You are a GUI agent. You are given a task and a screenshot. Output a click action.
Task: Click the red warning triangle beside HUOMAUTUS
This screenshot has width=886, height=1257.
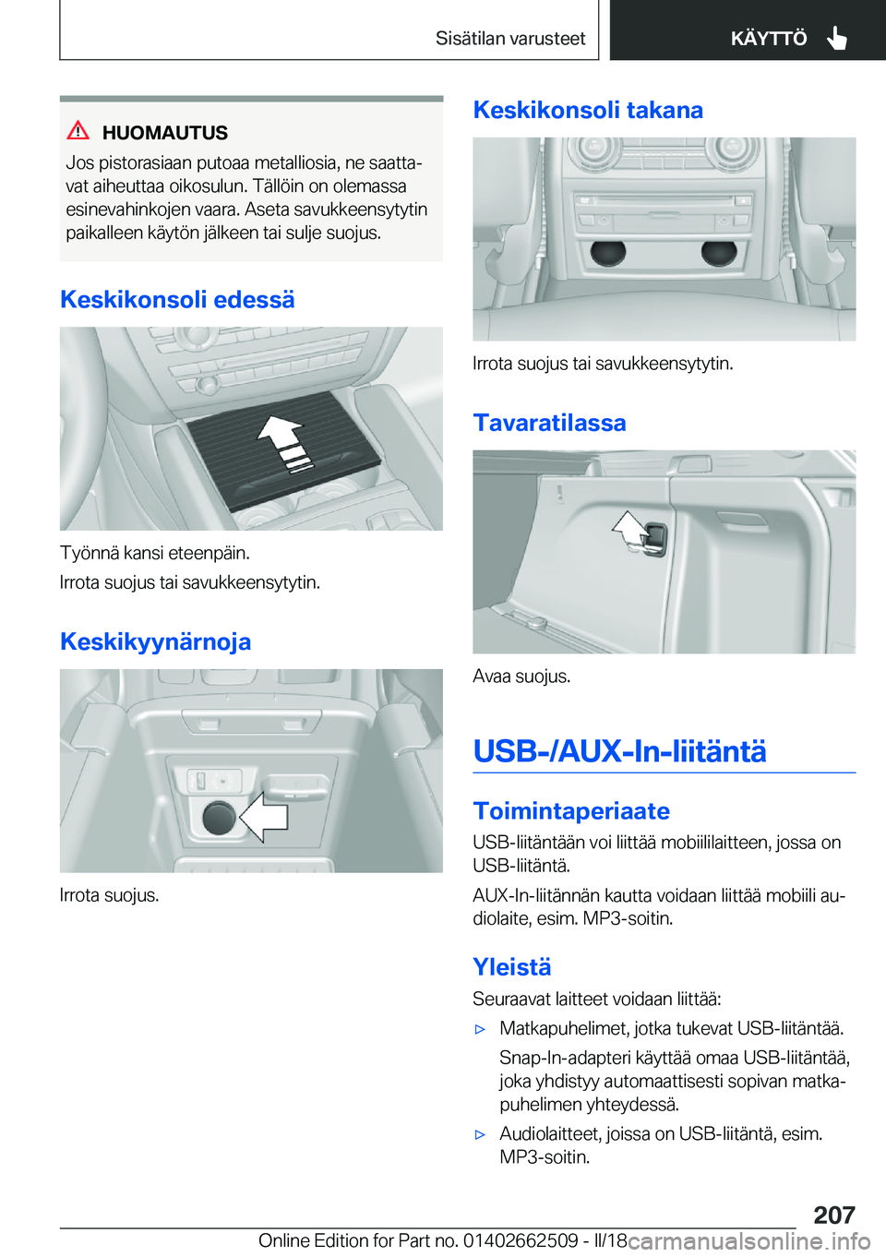[x=78, y=131]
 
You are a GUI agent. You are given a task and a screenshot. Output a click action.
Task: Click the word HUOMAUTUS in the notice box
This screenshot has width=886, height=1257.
[x=165, y=133]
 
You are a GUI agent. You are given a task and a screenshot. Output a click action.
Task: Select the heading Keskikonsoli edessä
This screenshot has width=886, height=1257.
[x=177, y=299]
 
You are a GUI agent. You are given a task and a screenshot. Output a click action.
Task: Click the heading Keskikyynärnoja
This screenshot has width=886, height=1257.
[x=155, y=641]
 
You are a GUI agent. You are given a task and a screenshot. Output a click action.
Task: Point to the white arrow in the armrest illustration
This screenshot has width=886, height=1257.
[x=263, y=817]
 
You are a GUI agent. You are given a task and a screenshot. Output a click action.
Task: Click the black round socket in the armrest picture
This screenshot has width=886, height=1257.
[x=219, y=817]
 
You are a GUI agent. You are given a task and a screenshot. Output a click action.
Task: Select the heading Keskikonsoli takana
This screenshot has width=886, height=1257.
[x=588, y=110]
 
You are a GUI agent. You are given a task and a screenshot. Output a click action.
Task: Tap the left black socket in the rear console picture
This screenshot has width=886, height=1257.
[x=607, y=253]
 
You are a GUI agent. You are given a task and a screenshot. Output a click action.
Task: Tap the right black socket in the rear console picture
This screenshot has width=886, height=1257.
[x=719, y=253]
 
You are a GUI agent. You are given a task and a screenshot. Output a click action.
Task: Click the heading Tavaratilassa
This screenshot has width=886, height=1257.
[x=549, y=423]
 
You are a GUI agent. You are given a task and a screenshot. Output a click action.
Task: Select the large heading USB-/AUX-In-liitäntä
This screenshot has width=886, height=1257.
[x=619, y=751]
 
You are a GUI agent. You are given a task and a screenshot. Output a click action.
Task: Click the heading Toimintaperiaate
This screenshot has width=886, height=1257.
[x=571, y=811]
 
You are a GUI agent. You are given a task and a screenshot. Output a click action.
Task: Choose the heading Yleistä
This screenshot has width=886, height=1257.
[x=511, y=967]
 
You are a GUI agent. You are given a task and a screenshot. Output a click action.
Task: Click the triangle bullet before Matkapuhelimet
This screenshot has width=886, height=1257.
[x=480, y=1029]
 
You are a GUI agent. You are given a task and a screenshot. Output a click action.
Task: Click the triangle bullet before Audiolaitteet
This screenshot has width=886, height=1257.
[x=480, y=1134]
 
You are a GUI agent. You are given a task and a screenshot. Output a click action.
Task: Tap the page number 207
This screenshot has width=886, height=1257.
[x=834, y=1215]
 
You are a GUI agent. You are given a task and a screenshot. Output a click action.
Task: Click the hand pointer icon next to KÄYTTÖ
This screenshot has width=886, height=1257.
[x=836, y=38]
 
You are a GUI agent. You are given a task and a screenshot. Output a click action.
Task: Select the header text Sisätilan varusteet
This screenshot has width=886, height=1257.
[x=510, y=38]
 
